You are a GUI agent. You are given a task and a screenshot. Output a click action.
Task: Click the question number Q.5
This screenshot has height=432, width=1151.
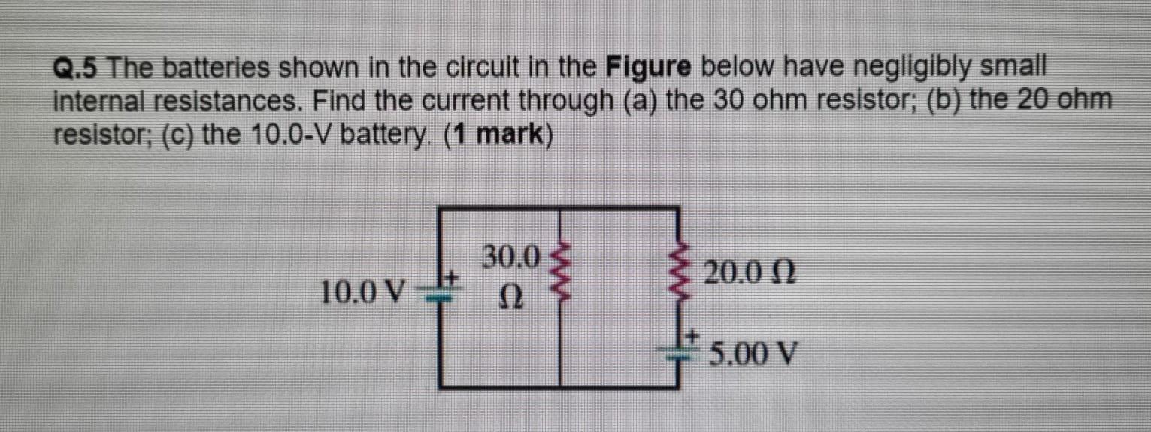coord(76,70)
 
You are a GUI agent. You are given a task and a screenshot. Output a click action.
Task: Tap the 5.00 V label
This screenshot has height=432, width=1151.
coord(753,352)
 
